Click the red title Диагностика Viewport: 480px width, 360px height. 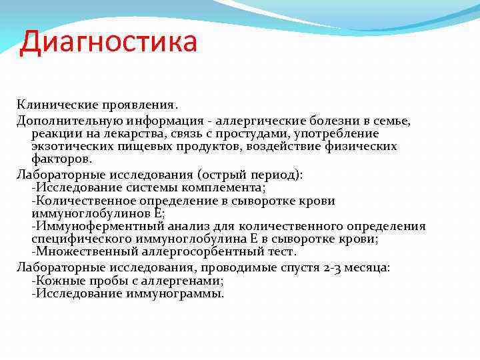click(x=109, y=42)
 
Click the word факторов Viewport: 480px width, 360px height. click(x=62, y=159)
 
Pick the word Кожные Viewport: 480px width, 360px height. click(x=57, y=280)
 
